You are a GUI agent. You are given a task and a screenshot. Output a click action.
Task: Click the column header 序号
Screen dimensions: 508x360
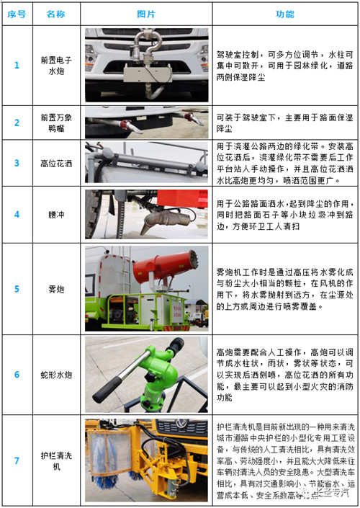click(x=17, y=14)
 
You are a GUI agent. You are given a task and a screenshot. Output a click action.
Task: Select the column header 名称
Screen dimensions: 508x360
click(x=55, y=14)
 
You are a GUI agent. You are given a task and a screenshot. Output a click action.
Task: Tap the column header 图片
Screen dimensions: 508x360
click(x=146, y=14)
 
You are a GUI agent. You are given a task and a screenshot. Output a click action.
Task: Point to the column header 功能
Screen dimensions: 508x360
click(x=284, y=14)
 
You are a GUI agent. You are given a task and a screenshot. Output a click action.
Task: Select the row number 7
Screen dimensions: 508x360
click(x=17, y=459)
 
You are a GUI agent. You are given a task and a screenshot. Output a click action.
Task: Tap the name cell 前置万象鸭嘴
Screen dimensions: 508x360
click(x=55, y=122)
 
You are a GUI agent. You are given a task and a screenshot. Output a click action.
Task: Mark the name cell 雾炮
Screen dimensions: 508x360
click(x=55, y=289)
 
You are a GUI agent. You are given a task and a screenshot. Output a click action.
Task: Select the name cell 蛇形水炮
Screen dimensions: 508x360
click(x=55, y=375)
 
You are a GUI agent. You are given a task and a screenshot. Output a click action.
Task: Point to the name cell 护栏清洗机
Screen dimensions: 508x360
click(x=55, y=459)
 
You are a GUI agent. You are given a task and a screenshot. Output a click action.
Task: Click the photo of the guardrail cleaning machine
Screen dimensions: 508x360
click(x=146, y=459)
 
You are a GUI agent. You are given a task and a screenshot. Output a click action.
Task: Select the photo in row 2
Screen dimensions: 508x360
click(x=146, y=122)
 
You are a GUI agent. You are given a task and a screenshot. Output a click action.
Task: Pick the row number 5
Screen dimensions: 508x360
click(x=17, y=289)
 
